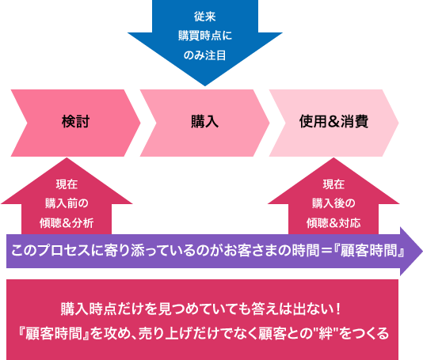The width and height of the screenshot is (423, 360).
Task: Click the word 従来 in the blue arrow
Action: coord(204,17)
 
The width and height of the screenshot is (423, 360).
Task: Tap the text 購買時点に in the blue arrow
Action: coord(205,36)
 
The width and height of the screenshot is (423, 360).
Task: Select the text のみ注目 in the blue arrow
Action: coord(204,55)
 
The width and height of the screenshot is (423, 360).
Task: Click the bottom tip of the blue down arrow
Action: coord(205,85)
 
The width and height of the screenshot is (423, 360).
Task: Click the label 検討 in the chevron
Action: coord(75,121)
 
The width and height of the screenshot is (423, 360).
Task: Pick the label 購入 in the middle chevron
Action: coord(204,121)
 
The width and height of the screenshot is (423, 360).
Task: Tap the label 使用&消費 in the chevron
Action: coord(333,121)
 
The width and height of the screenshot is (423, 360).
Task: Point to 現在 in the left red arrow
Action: coord(67,184)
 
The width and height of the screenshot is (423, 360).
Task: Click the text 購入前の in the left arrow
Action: coord(67,203)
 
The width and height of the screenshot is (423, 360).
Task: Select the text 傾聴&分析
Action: coord(67,223)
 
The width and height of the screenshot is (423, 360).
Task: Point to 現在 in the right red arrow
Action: coord(333,184)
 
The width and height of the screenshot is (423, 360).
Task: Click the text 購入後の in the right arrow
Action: coord(333,203)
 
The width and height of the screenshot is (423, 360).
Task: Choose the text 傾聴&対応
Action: coord(333,223)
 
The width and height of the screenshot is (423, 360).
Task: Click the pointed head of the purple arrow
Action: coord(422,252)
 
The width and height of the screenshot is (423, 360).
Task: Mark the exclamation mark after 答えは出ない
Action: coord(339,309)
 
